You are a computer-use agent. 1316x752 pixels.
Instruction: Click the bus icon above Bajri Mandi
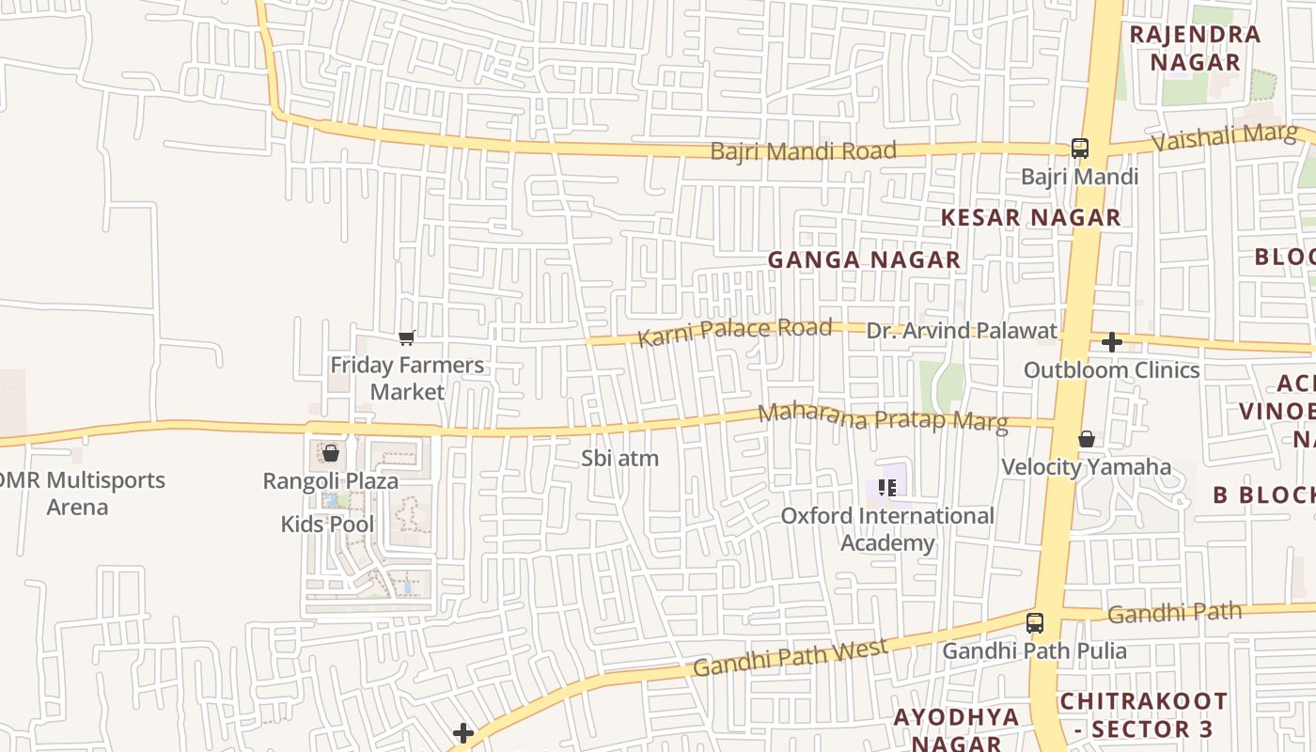coord(1079,149)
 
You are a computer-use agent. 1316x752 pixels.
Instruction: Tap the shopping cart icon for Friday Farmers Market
coord(407,337)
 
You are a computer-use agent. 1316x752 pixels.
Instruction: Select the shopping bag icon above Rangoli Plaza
coord(330,453)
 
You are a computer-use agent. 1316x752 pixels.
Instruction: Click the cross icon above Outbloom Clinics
coord(1111,342)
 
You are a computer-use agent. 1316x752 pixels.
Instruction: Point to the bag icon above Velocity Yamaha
coord(1086,439)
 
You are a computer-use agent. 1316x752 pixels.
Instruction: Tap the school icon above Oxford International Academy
coord(886,487)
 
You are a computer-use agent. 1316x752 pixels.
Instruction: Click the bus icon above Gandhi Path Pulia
coord(1034,622)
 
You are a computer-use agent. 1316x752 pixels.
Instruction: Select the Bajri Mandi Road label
coord(803,150)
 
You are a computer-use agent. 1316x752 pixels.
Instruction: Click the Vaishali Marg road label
coord(1224,137)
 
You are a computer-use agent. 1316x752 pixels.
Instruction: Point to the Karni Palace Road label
coord(735,331)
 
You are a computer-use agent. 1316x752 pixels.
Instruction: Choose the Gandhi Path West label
coord(790,657)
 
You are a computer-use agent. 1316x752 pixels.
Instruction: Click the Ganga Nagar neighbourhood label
coord(864,260)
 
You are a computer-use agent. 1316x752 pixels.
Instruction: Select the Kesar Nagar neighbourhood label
coord(1030,217)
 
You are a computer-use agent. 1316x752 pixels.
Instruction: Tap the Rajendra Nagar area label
coord(1195,49)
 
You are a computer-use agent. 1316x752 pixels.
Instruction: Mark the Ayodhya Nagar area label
coord(956,729)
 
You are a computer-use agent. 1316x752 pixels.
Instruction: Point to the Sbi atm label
coord(619,459)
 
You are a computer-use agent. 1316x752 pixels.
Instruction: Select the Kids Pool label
coord(327,524)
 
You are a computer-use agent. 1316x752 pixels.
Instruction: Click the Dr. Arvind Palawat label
coord(961,331)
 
